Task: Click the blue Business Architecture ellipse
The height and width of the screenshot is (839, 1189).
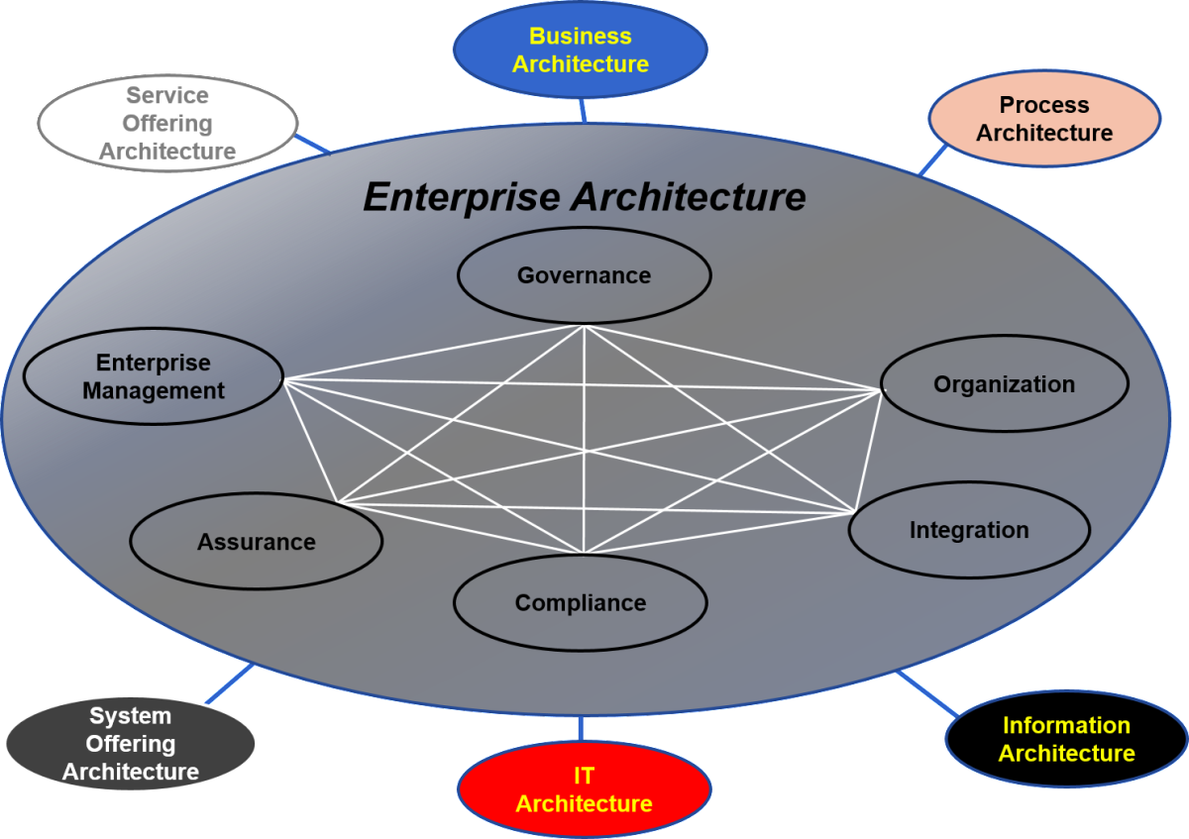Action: pyautogui.click(x=580, y=50)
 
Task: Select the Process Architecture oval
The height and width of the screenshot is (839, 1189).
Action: pyautogui.click(x=1043, y=119)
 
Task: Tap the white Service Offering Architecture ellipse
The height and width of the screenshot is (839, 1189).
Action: pyautogui.click(x=167, y=124)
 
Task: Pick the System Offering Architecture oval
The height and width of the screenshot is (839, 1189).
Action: pyautogui.click(x=130, y=744)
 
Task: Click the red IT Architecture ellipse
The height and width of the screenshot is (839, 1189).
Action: pyautogui.click(x=584, y=789)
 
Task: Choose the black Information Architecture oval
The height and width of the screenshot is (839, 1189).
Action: pyautogui.click(x=1066, y=739)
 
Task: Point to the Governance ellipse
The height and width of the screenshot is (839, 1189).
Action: pyautogui.click(x=584, y=275)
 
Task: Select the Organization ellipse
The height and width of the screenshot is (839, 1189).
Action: pyautogui.click(x=1004, y=384)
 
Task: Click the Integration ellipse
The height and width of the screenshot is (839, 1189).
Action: pyautogui.click(x=969, y=530)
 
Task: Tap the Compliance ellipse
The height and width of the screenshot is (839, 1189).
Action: pyautogui.click(x=580, y=602)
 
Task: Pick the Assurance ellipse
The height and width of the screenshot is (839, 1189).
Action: pyautogui.click(x=256, y=542)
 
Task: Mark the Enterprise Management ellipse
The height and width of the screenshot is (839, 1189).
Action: pyautogui.click(x=153, y=377)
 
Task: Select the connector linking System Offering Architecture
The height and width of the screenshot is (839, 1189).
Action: pyautogui.click(x=230, y=683)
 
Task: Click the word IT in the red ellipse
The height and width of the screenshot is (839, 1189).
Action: pyautogui.click(x=584, y=776)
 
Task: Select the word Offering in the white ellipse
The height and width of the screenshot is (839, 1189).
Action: pyautogui.click(x=167, y=124)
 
